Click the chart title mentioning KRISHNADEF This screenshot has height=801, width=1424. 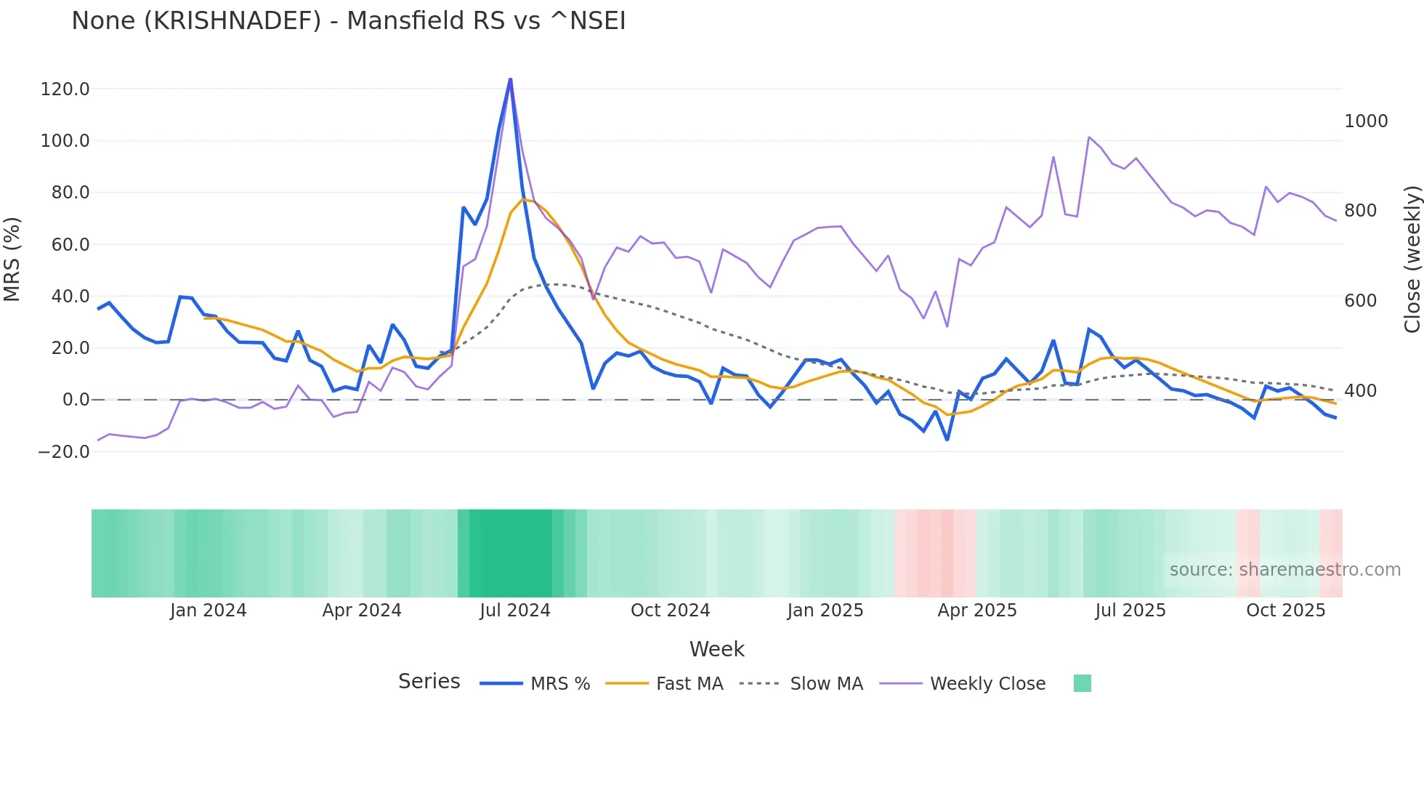(348, 21)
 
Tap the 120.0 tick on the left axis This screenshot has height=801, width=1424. (65, 89)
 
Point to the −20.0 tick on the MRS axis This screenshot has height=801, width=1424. (63, 451)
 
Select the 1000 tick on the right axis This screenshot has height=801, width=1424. (1366, 121)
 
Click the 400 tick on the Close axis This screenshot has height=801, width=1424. (1360, 391)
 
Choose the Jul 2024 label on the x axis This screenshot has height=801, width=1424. (515, 611)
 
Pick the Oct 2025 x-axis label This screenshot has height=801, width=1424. (1285, 611)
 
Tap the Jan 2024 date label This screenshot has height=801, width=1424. (208, 611)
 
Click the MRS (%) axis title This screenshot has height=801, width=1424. (12, 259)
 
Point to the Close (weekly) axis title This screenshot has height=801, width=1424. (1412, 259)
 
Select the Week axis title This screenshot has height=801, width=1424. (716, 649)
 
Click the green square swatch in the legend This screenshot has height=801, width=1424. (1082, 683)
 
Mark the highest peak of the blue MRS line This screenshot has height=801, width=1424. (510, 79)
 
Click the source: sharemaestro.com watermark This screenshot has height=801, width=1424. (1285, 570)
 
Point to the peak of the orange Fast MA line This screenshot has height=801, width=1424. (522, 199)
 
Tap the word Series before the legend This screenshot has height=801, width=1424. (429, 682)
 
